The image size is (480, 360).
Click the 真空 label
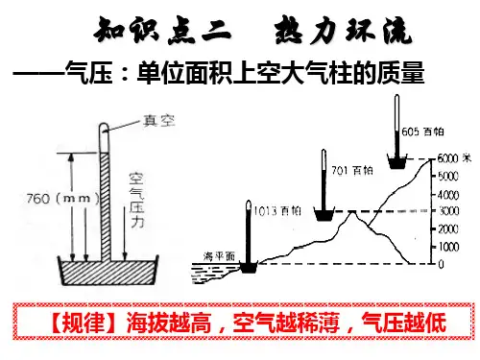click(x=158, y=121)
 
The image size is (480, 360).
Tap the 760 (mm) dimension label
click(x=63, y=199)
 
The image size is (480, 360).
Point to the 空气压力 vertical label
click(x=136, y=200)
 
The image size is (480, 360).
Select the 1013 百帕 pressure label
click(x=277, y=211)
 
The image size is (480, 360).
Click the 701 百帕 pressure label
click(x=352, y=170)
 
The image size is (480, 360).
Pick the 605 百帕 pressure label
click(x=422, y=132)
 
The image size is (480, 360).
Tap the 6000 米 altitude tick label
click(x=454, y=158)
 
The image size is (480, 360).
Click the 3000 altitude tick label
click(x=448, y=211)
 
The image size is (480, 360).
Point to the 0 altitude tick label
click(x=441, y=264)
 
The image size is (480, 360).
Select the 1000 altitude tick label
click(x=448, y=247)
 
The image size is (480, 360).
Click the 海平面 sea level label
click(x=219, y=256)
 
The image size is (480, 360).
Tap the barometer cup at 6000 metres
click(x=397, y=161)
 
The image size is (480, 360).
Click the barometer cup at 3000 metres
click(x=324, y=214)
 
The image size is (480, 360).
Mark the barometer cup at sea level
click(x=249, y=266)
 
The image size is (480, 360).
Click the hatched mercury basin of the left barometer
click(x=108, y=273)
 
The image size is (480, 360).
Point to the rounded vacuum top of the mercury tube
click(x=104, y=128)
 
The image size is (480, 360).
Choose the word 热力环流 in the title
click(x=343, y=31)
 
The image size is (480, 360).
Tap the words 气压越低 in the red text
click(x=403, y=323)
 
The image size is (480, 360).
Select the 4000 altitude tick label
click(x=448, y=195)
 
